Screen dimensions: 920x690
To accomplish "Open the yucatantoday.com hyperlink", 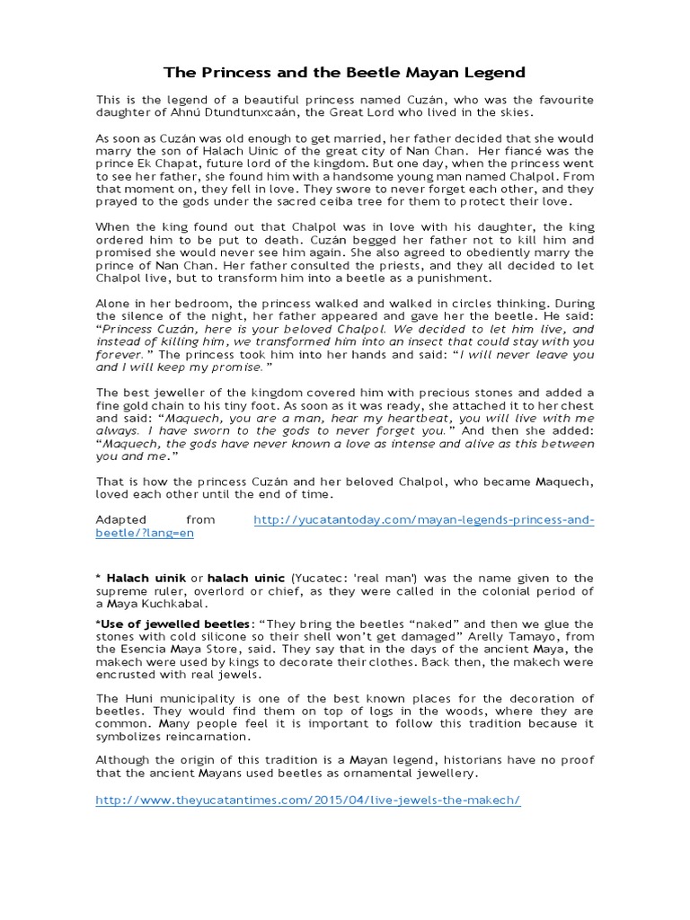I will coord(423,520).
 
